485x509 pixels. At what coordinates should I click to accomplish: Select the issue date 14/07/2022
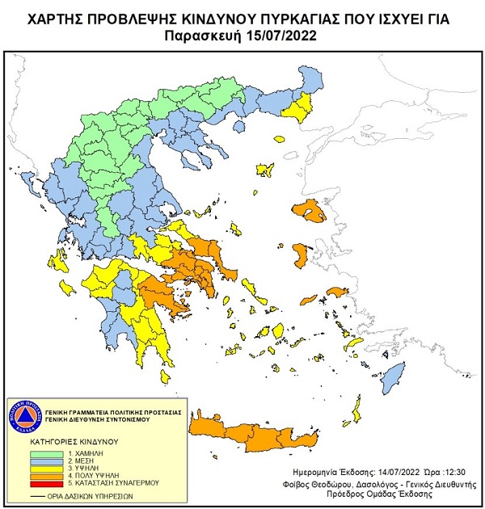click(x=384, y=469)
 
